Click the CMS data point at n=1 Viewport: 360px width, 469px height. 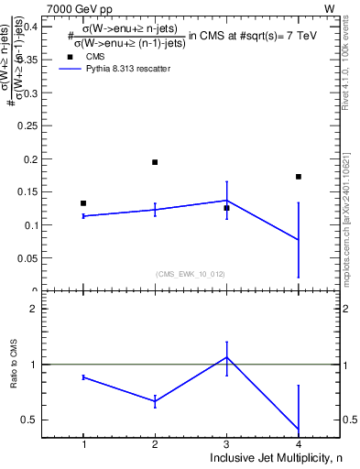pyautogui.click(x=83, y=203)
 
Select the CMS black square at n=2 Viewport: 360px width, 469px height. pyautogui.click(x=155, y=162)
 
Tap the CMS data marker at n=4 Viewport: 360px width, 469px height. pyautogui.click(x=299, y=177)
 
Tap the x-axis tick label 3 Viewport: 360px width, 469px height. pyautogui.click(x=226, y=444)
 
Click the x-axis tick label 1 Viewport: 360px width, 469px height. pyautogui.click(x=83, y=444)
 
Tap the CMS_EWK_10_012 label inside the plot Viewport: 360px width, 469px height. pyautogui.click(x=191, y=274)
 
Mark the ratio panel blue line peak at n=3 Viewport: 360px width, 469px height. pyautogui.click(x=226, y=356)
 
